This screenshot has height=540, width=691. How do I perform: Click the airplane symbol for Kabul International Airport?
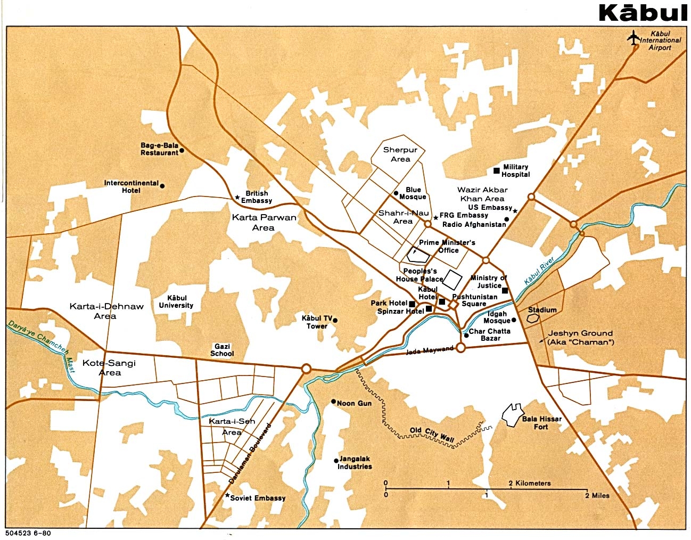coord(633,39)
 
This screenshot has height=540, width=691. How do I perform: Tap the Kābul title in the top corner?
coord(643,13)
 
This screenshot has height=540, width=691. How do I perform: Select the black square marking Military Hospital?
coord(496,170)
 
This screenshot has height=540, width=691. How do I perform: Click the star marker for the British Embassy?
coord(237,197)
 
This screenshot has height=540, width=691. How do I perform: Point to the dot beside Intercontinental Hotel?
coord(162,186)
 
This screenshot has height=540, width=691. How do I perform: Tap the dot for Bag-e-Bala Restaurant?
coord(182,151)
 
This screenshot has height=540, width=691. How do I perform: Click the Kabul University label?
coord(176,302)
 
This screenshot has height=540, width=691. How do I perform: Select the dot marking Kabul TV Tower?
coord(335,321)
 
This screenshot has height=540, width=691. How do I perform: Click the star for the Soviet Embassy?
coord(227,496)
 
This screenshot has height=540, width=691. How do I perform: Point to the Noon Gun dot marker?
coord(333,402)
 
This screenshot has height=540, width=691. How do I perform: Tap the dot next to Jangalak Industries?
coord(335,461)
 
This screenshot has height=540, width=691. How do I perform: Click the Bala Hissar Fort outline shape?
coord(512,415)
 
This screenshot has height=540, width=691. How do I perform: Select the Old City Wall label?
coord(432,434)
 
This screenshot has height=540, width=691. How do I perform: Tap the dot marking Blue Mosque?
coord(396,194)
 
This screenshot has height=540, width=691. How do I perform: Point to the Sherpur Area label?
coord(400,154)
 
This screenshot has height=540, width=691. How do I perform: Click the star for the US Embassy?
coord(515,211)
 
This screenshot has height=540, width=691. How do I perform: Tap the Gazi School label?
coord(222,350)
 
